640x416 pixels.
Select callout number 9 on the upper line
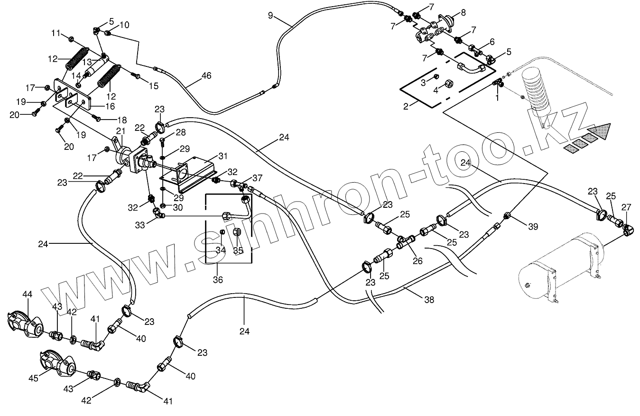point(270,16)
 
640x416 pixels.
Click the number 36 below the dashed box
point(218,280)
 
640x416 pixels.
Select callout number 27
point(627,207)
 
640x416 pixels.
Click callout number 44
point(27,295)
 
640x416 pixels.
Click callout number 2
point(406,106)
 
